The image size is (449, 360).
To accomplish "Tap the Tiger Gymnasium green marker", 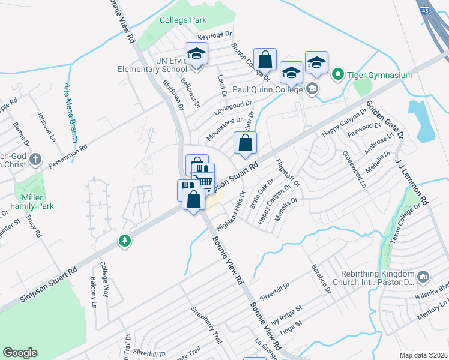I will coord(337,75).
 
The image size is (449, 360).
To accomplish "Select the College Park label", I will coord(183,20).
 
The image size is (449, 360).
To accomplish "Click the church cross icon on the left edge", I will coord(35,160).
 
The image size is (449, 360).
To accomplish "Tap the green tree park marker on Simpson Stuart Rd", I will coord(125,241).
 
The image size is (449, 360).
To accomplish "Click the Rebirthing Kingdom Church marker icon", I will coord(424,277).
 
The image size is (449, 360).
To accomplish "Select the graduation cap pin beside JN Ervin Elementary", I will coord(195,55).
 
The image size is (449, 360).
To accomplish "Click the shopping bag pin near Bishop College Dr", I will coord(264,59).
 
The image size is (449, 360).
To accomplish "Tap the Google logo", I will coord(20,353).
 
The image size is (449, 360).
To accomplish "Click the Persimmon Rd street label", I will coord(68,155).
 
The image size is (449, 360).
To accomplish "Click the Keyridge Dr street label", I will coord(214,38).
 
